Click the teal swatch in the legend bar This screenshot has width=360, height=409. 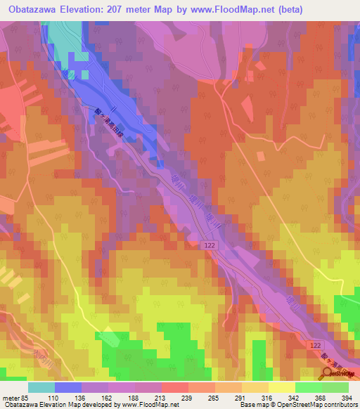(41, 387)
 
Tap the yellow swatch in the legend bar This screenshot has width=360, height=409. (281, 387)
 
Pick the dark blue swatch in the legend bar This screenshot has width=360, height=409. (67, 387)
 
